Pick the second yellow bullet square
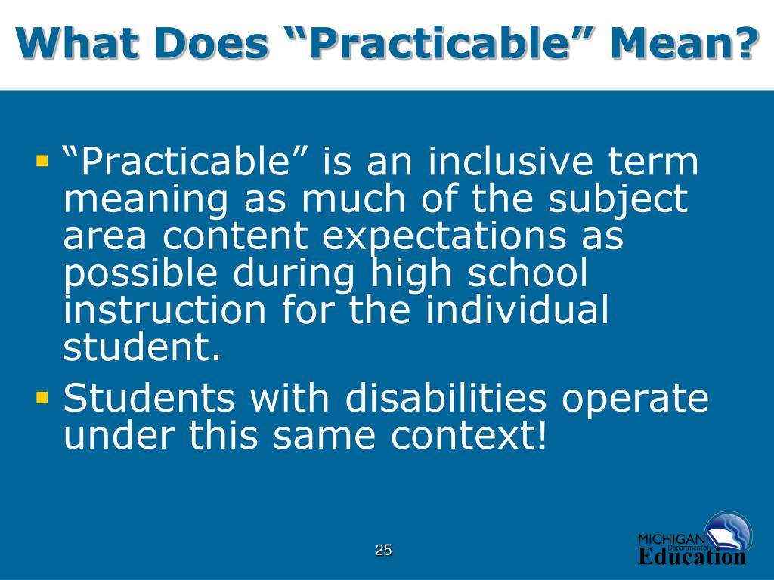[x=42, y=395]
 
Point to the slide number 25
[x=384, y=550]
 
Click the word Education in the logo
[x=692, y=557]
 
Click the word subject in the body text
[x=618, y=200]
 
